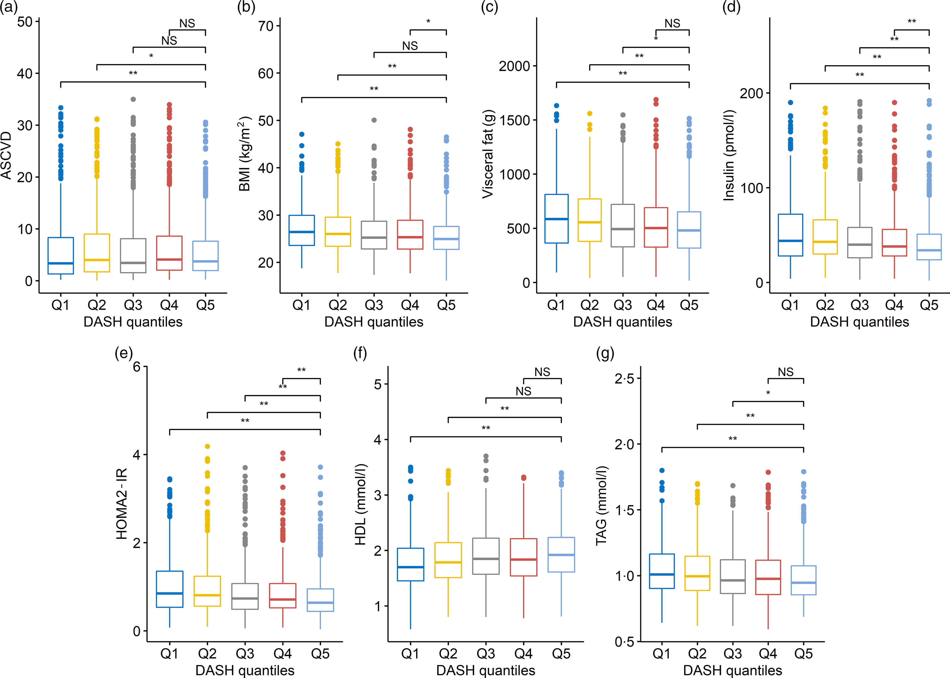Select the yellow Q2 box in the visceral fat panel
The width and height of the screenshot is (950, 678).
pyautogui.click(x=589, y=220)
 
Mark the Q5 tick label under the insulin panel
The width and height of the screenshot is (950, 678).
pyautogui.click(x=929, y=305)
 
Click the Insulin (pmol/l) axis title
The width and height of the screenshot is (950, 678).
pyautogui.click(x=729, y=155)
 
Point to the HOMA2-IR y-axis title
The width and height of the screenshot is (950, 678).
pyautogui.click(x=122, y=504)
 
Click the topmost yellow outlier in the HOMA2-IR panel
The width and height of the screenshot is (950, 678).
pyautogui.click(x=207, y=447)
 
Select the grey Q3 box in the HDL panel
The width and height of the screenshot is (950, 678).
pyautogui.click(x=486, y=556)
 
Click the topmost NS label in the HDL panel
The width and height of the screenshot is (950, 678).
pyautogui.click(x=542, y=372)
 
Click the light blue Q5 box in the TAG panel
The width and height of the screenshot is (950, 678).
pyautogui.click(x=803, y=580)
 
